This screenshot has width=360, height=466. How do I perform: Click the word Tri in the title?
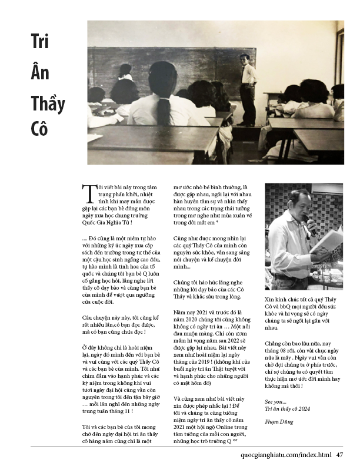coord(39,42)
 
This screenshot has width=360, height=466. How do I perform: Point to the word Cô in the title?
coord(39,129)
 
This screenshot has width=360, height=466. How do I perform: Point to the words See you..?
coord(274,401)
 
